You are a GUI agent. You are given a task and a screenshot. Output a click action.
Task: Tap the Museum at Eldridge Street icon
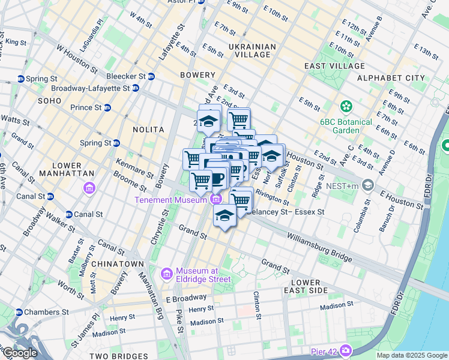click(167, 274)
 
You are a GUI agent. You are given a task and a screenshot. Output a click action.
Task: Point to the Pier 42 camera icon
click(346, 350)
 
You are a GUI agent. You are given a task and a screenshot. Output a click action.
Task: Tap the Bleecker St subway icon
click(151, 76)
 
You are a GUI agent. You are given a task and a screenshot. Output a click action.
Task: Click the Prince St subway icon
click(107, 107)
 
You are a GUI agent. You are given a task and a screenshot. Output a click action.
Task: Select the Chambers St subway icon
click(19, 312)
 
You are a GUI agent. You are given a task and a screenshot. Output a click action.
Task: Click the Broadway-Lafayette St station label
click(91, 88)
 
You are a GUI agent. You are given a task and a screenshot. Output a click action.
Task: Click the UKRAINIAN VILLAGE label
click(252, 50)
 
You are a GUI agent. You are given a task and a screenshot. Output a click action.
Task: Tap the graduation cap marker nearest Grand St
click(225, 216)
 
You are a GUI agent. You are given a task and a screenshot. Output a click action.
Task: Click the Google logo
click(19, 353)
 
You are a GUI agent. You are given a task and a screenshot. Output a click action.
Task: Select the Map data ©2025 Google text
click(412, 355)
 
